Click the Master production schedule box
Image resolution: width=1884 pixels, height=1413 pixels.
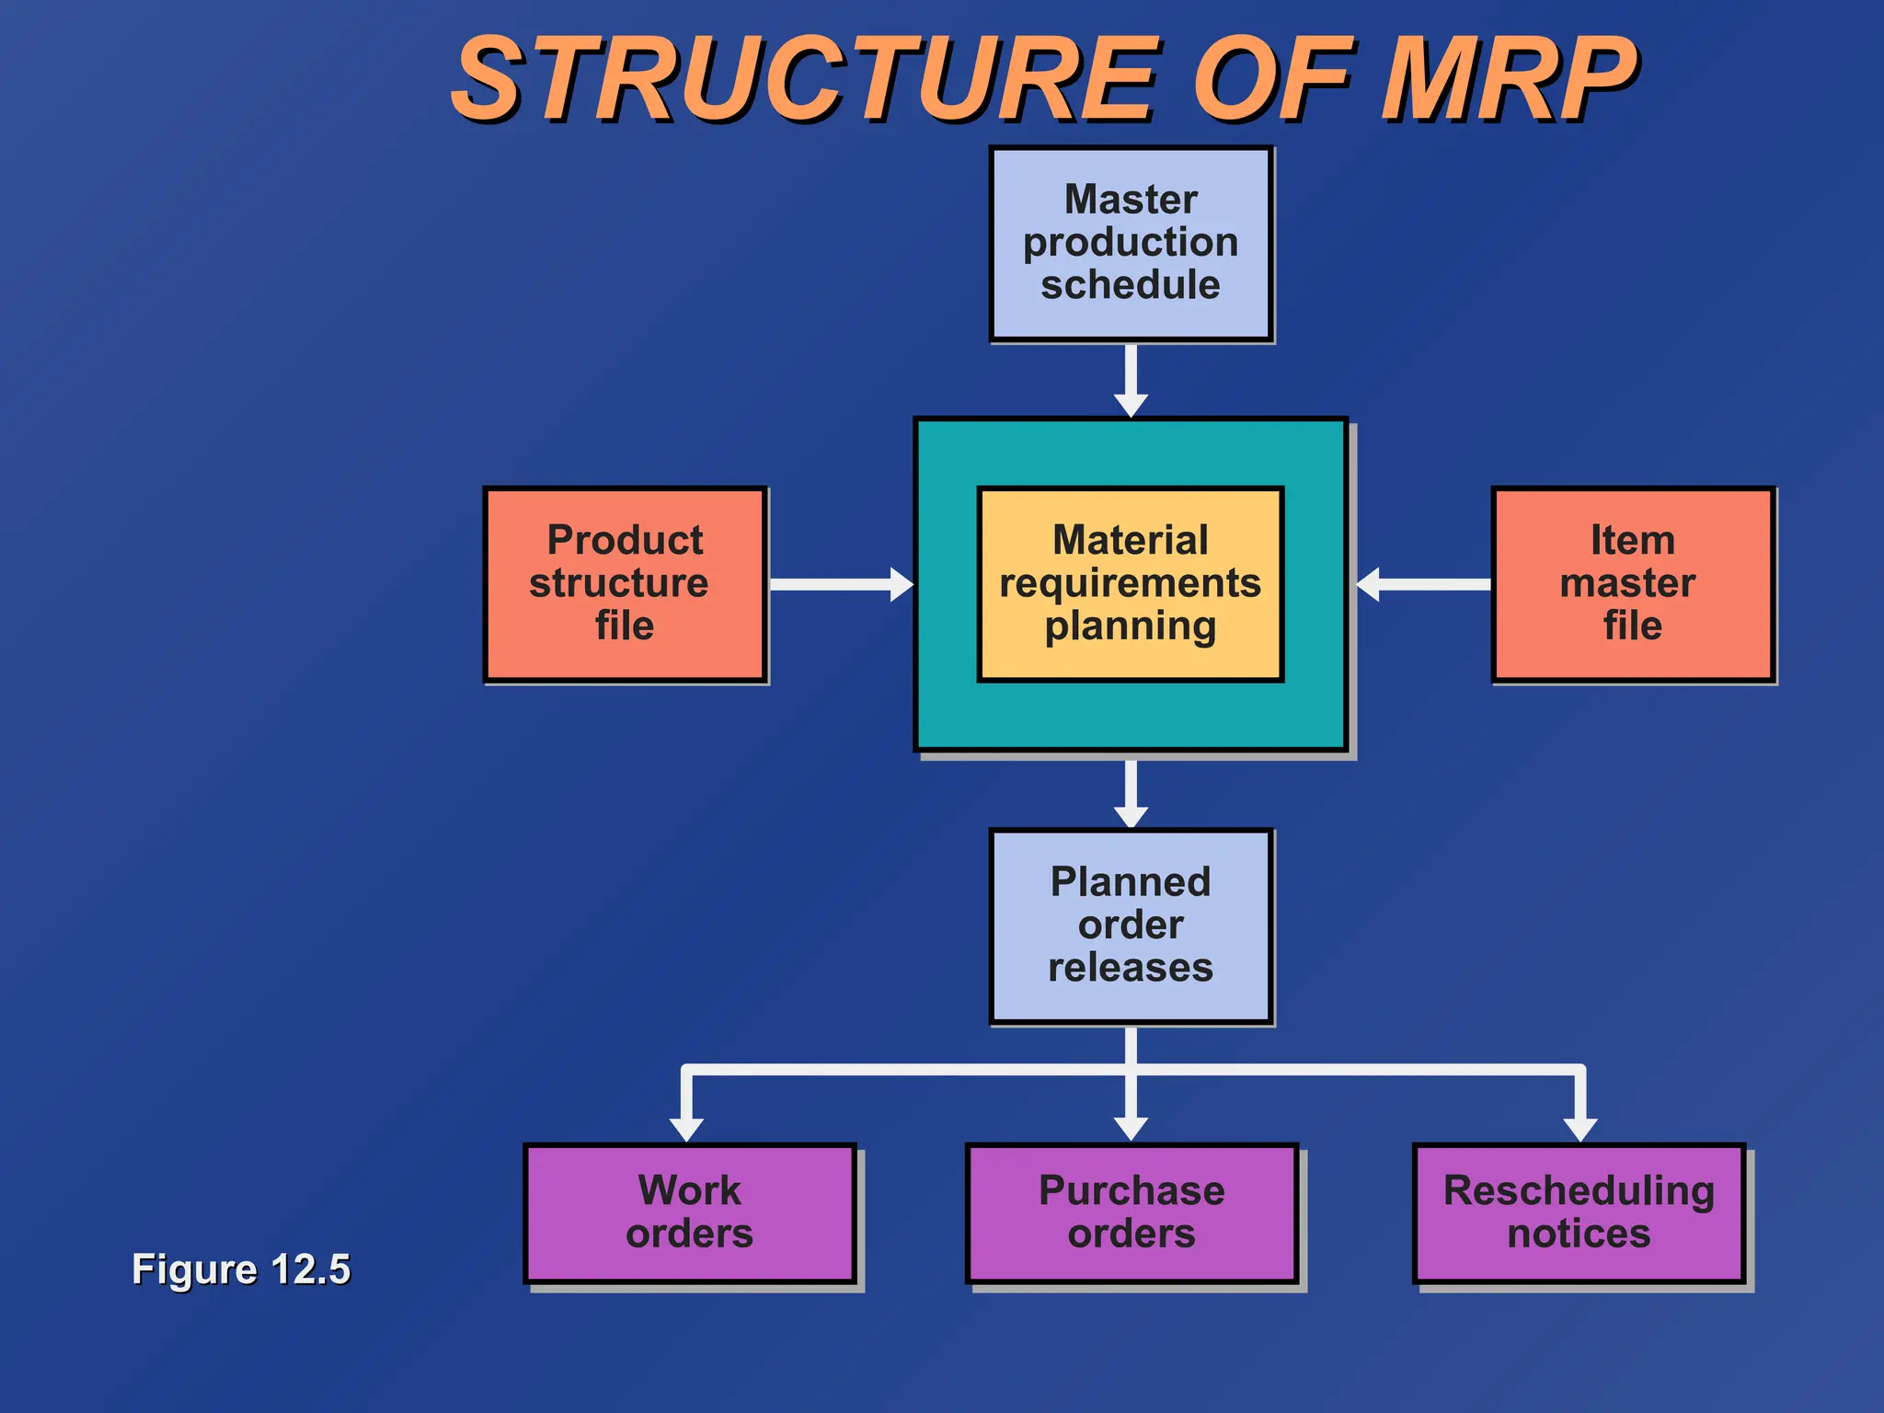1131,243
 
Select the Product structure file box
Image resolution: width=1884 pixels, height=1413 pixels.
625,584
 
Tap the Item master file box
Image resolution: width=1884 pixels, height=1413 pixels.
1632,584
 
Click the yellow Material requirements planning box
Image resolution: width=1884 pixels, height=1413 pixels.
1130,584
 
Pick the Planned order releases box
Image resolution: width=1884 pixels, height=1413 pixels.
1131,925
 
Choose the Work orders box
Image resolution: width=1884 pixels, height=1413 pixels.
689,1212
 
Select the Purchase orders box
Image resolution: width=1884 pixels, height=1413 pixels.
1131,1212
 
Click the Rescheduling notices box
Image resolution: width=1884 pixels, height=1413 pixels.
1579,1212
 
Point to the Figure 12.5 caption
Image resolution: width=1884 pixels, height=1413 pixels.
241,1269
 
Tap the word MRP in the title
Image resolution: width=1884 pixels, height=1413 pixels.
1509,81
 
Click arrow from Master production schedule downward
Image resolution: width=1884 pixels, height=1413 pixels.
1131,379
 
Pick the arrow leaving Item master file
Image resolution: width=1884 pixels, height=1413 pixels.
1424,584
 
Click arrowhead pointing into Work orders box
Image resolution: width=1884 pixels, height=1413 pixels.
686,1128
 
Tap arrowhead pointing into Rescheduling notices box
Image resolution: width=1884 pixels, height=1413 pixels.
1580,1128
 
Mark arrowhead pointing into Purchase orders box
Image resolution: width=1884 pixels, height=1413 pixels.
1131,1128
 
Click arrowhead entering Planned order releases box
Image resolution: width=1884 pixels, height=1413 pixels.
1131,815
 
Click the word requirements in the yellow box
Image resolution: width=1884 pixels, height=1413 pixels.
1130,584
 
